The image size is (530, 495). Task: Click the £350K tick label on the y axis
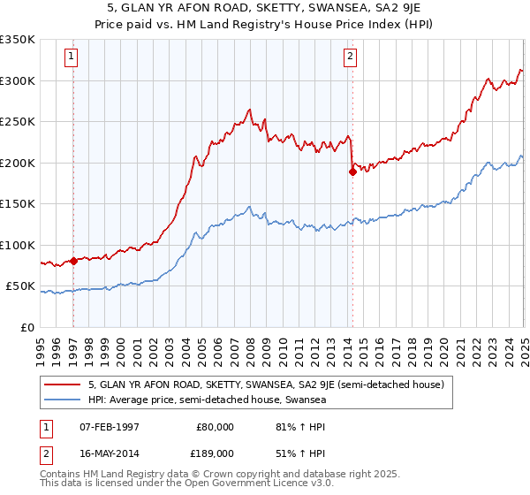point(19,40)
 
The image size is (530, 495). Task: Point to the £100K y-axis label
point(19,245)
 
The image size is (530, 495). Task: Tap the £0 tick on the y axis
point(28,327)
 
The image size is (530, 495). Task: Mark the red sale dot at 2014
point(352,172)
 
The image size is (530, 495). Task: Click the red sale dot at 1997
point(74,261)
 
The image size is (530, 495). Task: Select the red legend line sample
point(64,385)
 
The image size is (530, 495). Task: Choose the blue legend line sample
point(64,400)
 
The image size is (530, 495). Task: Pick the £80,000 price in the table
point(215,427)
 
